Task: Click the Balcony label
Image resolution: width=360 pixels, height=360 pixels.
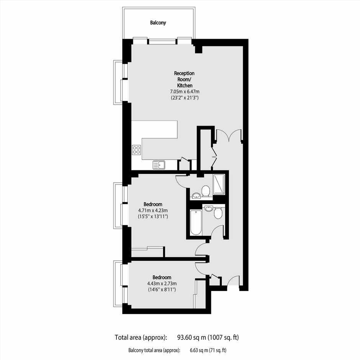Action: coord(158,23)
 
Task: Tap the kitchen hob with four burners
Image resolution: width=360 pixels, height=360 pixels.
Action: coord(136,150)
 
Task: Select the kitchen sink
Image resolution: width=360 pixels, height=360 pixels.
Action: coord(159,165)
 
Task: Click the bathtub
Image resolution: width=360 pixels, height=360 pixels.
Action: coord(196,222)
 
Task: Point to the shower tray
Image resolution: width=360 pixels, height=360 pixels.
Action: coord(219,184)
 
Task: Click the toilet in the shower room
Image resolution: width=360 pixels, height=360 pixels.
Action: coord(206,191)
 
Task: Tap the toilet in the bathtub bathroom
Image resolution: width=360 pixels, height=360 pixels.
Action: coord(218,213)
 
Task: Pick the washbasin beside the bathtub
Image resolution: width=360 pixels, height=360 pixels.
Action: coord(208,208)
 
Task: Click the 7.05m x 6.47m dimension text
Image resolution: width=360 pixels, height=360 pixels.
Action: coord(185,92)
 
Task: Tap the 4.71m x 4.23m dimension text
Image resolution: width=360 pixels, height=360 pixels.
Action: coord(153,210)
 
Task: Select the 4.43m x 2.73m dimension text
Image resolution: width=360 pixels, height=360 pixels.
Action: coord(162,283)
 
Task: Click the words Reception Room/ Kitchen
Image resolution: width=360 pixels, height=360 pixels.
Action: coord(184,79)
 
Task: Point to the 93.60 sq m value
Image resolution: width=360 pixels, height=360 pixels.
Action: coord(192,337)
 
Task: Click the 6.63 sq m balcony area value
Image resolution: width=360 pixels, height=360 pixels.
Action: coord(199,350)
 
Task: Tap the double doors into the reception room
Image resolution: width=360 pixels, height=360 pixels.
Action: coord(229,136)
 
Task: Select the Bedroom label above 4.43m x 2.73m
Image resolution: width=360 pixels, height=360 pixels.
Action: coord(162,277)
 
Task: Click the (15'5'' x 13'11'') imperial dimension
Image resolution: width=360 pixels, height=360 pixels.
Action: coord(153,216)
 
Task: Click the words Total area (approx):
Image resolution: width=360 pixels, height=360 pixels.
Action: coord(141,337)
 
